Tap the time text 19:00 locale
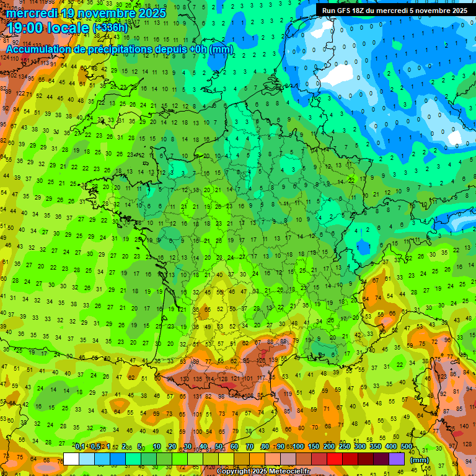click(47, 27)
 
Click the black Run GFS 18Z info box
click(394, 11)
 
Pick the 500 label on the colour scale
click(407, 447)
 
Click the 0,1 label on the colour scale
click(79, 447)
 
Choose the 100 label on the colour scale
click(298, 447)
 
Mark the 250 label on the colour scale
click(344, 447)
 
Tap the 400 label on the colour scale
click(390, 447)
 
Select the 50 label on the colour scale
click(219, 447)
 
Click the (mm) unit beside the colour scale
click(420, 460)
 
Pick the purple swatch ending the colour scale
click(397, 459)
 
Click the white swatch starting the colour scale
click(71, 459)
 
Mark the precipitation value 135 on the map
click(197, 379)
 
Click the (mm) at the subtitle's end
click(221, 49)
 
